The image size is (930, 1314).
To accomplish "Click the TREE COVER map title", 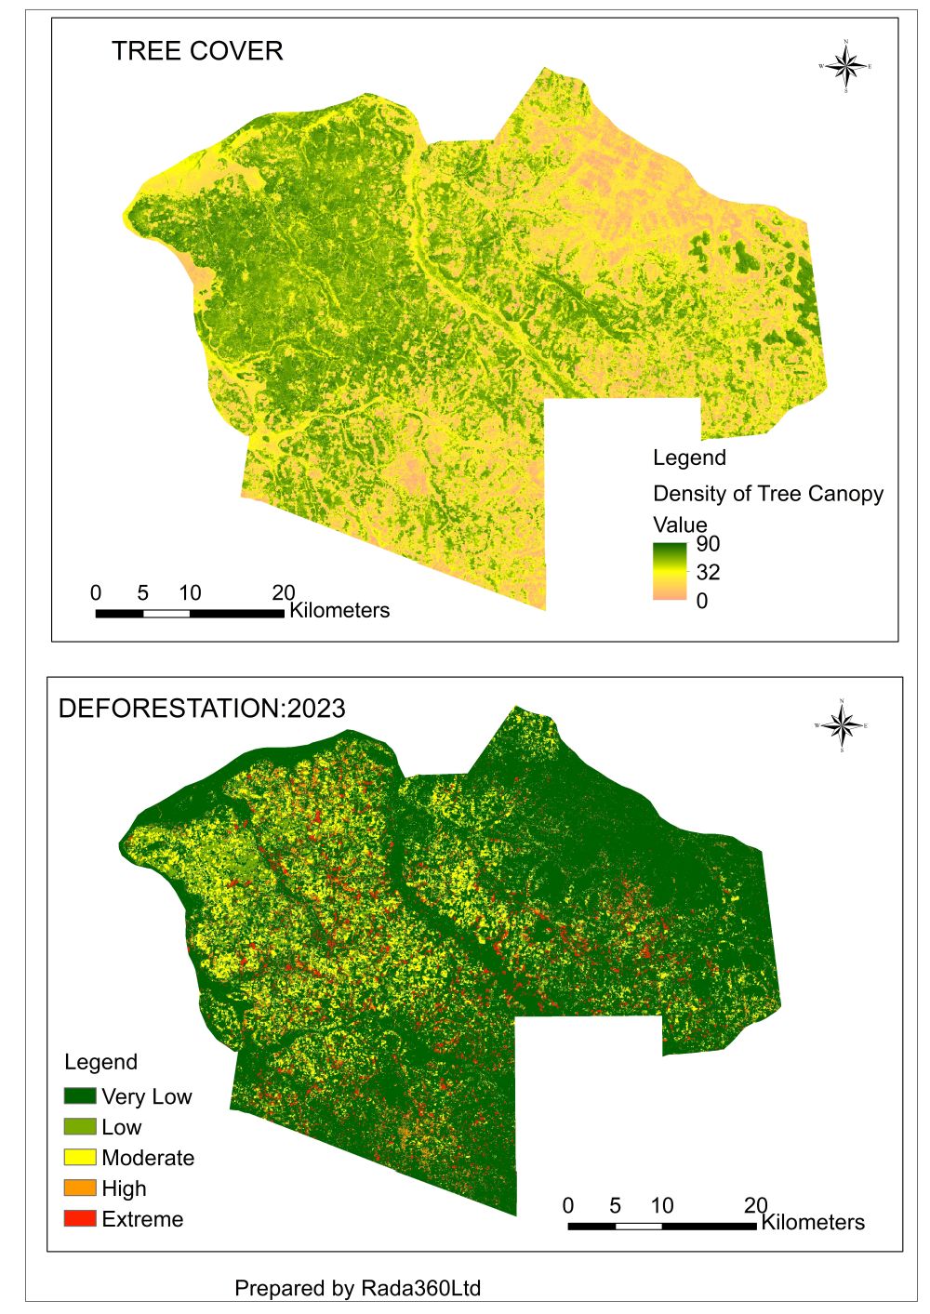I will (x=197, y=51).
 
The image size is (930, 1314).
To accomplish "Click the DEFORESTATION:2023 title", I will (x=202, y=709).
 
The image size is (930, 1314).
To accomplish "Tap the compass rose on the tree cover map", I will (x=845, y=66).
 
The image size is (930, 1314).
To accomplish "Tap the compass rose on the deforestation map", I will (x=842, y=725).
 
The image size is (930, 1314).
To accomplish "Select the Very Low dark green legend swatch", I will (x=80, y=1096).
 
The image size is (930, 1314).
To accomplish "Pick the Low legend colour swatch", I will (x=80, y=1127).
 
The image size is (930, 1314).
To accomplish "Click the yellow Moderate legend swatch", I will (x=80, y=1158).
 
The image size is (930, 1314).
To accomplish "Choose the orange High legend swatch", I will (x=80, y=1188).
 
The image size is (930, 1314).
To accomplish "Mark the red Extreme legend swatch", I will (x=80, y=1218).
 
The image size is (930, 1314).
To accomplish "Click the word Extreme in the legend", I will (x=142, y=1219).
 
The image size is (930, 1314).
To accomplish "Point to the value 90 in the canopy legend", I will (x=708, y=544).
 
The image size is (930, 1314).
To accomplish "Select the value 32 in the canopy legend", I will (x=708, y=572).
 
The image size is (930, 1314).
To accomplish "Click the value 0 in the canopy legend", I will (x=702, y=601).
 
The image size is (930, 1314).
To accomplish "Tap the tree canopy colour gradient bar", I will (x=670, y=571).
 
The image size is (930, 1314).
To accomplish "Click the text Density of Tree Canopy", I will (x=768, y=494).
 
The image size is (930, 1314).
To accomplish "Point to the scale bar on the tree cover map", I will (x=190, y=613).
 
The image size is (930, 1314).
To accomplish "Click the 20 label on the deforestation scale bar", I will (x=755, y=1205).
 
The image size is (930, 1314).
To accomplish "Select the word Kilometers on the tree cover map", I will (x=339, y=611).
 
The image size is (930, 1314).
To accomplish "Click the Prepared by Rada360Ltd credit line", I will (x=357, y=1288).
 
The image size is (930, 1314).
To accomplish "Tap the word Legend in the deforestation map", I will (x=100, y=1062).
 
